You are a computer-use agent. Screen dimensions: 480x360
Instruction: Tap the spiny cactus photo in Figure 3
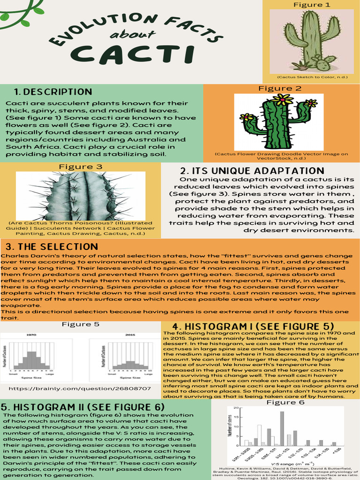(81, 195)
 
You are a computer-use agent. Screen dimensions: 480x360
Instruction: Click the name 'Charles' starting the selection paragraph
(15, 256)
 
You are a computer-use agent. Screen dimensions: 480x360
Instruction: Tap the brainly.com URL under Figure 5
(80, 389)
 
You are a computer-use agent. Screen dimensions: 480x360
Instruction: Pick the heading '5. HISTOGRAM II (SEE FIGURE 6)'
(82, 407)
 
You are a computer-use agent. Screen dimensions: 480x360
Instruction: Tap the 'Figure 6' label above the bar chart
(285, 402)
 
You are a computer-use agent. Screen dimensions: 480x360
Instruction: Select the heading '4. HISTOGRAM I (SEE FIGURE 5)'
(253, 326)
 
